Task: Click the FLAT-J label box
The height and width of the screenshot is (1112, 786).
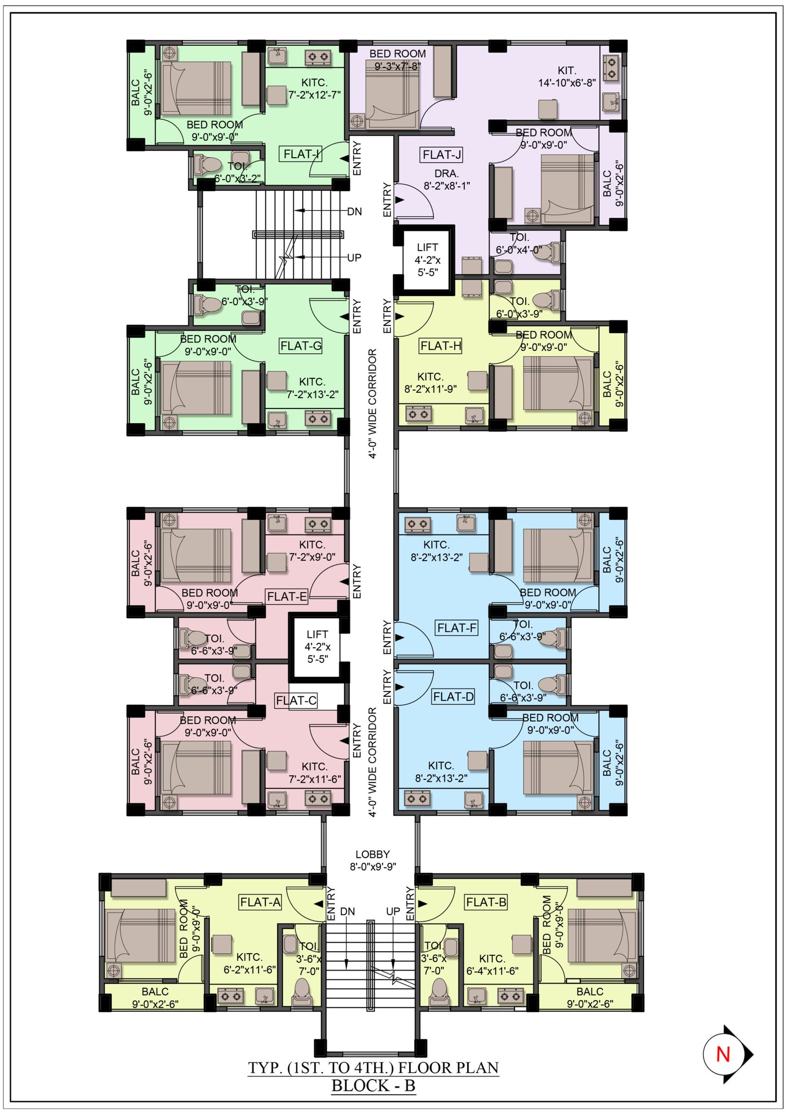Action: click(442, 155)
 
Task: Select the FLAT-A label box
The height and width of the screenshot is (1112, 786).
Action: click(260, 902)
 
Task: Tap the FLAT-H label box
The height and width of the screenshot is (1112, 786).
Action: click(441, 346)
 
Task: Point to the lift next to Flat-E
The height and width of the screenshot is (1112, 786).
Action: click(317, 647)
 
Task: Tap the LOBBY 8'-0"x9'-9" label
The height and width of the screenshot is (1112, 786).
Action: click(373, 860)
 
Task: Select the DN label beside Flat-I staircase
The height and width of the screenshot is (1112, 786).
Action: click(355, 212)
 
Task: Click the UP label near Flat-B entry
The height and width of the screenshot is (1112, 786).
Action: click(393, 912)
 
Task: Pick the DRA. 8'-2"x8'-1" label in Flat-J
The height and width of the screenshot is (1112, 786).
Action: click(447, 179)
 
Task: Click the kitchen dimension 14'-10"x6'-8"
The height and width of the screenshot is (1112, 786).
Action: click(567, 83)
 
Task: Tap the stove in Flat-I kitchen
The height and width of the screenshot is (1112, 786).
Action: click(317, 57)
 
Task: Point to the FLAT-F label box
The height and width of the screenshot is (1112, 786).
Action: click(457, 628)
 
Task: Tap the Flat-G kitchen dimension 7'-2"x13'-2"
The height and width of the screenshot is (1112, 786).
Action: click(312, 394)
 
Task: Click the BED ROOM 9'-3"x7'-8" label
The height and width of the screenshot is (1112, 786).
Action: click(397, 60)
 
